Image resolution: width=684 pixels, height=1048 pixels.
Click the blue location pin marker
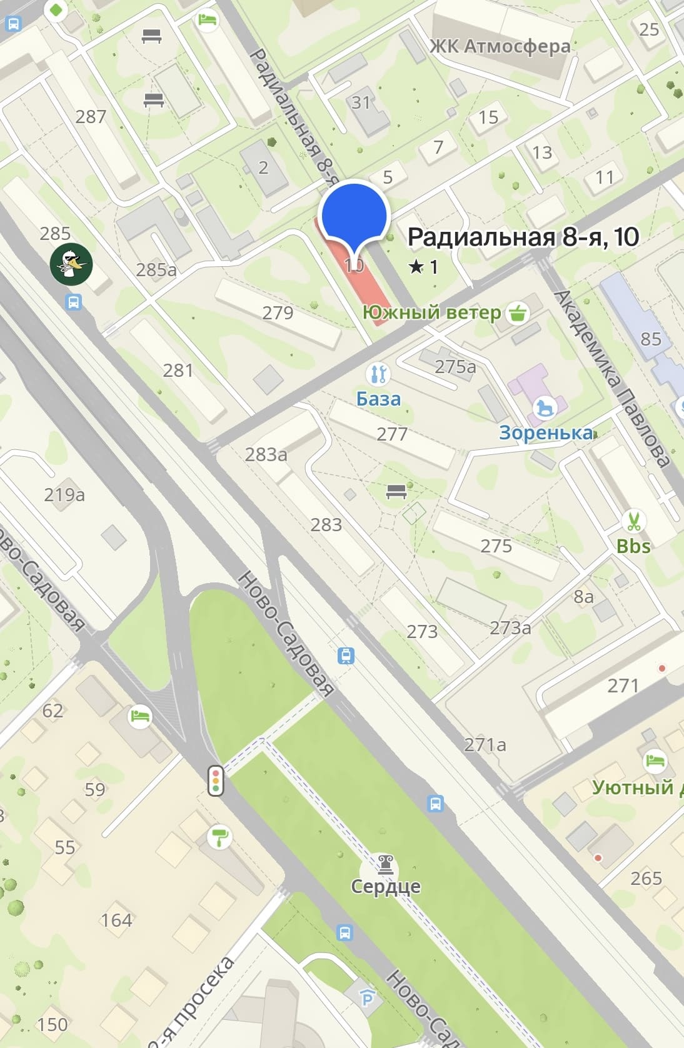(x=354, y=216)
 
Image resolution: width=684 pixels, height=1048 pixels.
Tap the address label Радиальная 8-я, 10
(x=523, y=237)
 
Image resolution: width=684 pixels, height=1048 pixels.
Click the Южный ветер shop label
(x=432, y=312)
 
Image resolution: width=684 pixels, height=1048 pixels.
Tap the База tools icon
(x=378, y=374)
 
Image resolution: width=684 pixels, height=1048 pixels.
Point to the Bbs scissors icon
(x=633, y=520)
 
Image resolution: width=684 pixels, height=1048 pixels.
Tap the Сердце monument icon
(x=385, y=865)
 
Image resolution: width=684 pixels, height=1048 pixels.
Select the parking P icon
(x=368, y=998)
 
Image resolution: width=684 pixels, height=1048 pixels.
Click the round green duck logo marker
(x=71, y=264)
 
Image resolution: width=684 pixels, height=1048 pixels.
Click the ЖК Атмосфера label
(x=500, y=46)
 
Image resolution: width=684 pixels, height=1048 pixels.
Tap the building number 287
(x=91, y=116)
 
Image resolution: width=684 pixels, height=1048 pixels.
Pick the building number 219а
(x=64, y=495)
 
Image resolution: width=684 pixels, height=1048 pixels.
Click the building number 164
(x=116, y=920)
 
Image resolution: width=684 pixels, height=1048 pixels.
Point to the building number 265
(x=646, y=878)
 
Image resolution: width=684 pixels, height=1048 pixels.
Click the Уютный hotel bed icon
(x=653, y=761)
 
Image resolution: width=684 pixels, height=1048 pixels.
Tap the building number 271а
(x=485, y=744)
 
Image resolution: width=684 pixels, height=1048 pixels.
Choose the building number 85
(x=651, y=339)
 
